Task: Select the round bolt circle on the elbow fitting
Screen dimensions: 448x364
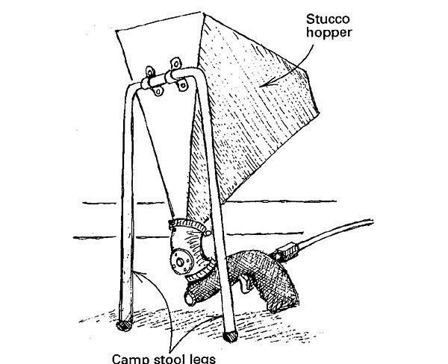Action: pos(179,261)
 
